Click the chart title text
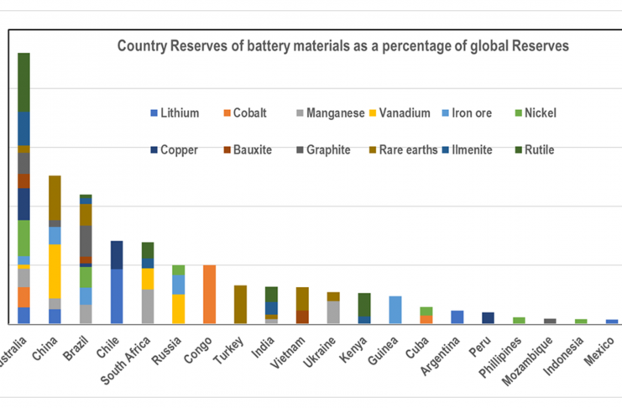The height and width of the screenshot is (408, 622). tap(342, 46)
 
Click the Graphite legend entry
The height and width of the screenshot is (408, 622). tap(328, 150)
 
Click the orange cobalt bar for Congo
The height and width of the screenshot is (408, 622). tap(210, 294)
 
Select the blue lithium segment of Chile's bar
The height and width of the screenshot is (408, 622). tap(117, 296)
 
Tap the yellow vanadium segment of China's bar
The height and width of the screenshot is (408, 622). tap(55, 270)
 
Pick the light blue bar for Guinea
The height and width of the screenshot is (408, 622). tap(395, 309)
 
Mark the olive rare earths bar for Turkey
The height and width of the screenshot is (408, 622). tap(240, 304)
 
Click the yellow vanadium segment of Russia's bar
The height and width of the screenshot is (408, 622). tap(178, 308)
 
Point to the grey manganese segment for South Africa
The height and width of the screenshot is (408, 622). tap(148, 306)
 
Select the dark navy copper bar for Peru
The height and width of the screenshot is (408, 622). tap(488, 317)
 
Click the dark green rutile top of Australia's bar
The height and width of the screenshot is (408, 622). tap(24, 81)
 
